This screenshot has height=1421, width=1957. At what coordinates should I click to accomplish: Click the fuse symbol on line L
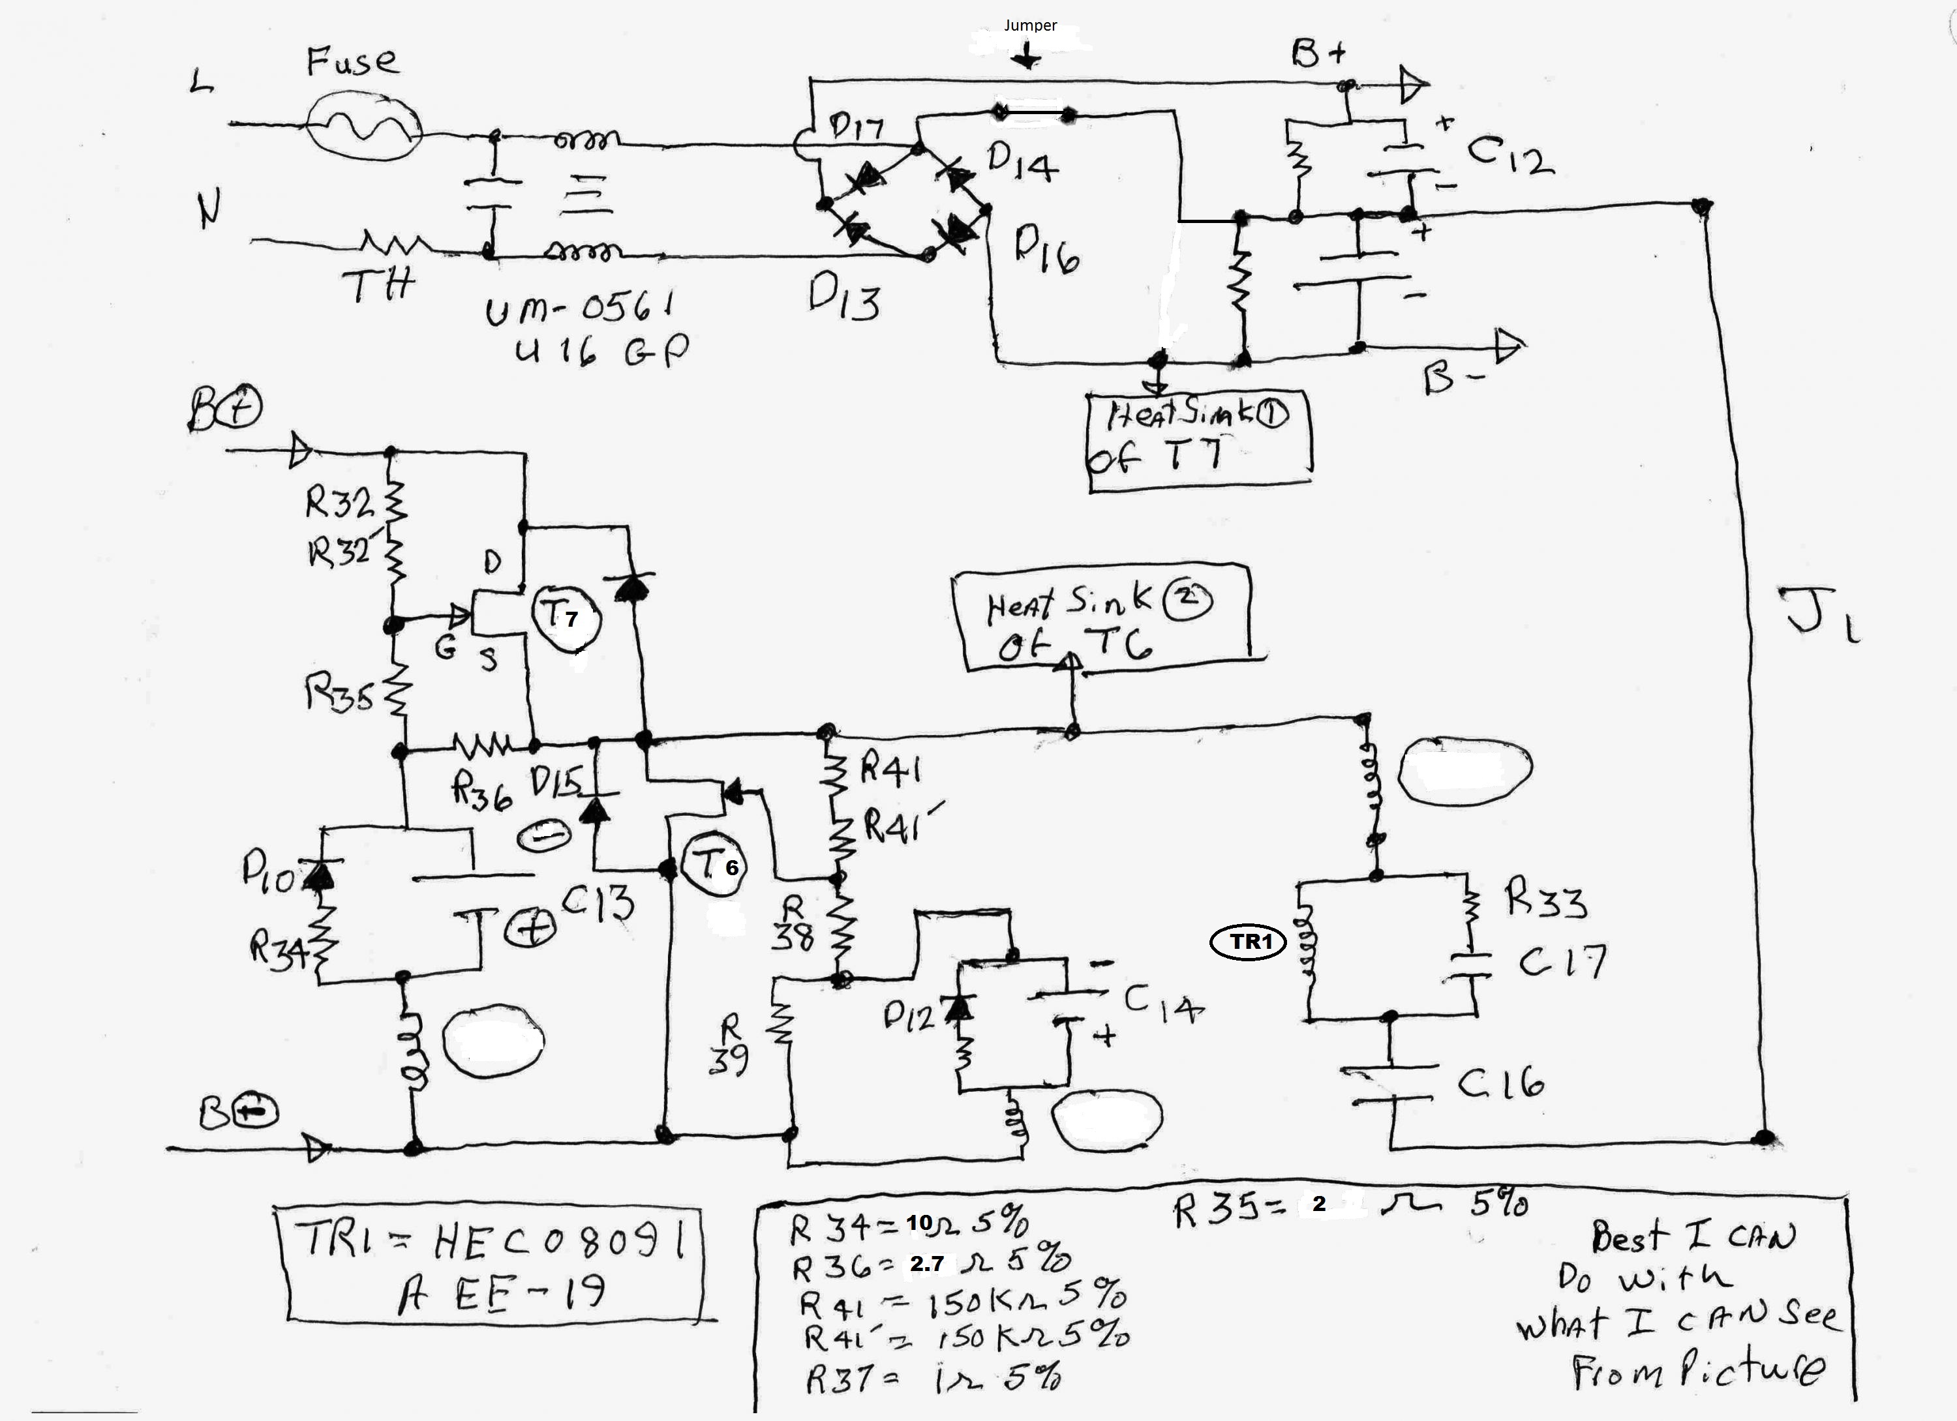pos(365,126)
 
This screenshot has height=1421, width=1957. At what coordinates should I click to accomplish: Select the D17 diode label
pos(855,128)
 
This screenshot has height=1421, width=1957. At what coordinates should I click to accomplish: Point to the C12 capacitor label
pos(1510,156)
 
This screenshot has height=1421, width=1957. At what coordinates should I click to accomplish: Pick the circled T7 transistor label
pos(564,617)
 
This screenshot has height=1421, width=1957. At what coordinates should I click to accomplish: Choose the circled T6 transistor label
pos(714,865)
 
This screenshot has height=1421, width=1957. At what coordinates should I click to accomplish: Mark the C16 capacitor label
pos(1500,1082)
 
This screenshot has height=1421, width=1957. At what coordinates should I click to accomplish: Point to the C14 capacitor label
pos(1161,1004)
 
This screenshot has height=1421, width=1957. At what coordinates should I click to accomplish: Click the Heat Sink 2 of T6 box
pos(1101,619)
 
